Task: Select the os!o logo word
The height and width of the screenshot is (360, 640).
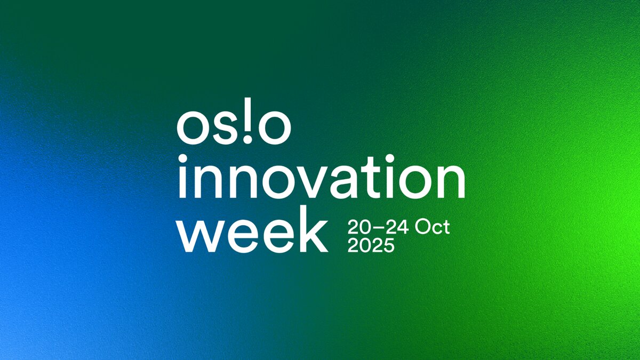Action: click(x=234, y=127)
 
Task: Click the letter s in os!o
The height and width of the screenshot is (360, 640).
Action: click(x=224, y=130)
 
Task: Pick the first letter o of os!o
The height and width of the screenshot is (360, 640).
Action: click(x=194, y=130)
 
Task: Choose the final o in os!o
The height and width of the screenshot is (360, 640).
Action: click(x=274, y=130)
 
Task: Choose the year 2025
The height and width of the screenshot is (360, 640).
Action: click(x=371, y=246)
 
